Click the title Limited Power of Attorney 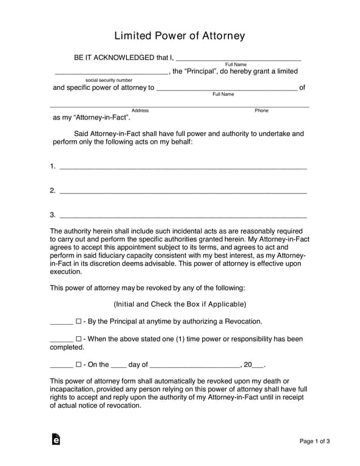pyautogui.click(x=180, y=36)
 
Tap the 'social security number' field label pyautogui.click(x=109, y=80)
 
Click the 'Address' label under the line pyautogui.click(x=140, y=110)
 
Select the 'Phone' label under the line pyautogui.click(x=262, y=110)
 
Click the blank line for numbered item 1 pyautogui.click(x=183, y=167)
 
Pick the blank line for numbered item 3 pyautogui.click(x=183, y=216)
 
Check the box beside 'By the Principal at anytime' pyautogui.click(x=78, y=322)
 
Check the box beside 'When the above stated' pyautogui.click(x=78, y=339)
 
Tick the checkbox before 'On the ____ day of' pyautogui.click(x=78, y=365)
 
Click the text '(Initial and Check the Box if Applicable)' pyautogui.click(x=180, y=304)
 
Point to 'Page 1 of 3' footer pyautogui.click(x=315, y=441)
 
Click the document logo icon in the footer pyautogui.click(x=56, y=439)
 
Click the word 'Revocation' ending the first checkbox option pyautogui.click(x=242, y=322)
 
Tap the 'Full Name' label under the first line pyautogui.click(x=236, y=64)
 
